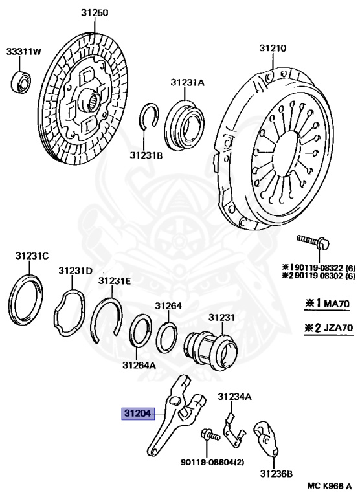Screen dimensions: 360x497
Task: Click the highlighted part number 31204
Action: point(138,414)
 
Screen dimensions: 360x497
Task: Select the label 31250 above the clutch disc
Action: point(94,13)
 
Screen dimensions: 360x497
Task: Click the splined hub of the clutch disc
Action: point(93,101)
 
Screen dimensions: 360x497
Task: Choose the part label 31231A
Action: point(188,82)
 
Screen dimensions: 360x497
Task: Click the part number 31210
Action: point(273,48)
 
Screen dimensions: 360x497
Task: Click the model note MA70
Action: point(336,304)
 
